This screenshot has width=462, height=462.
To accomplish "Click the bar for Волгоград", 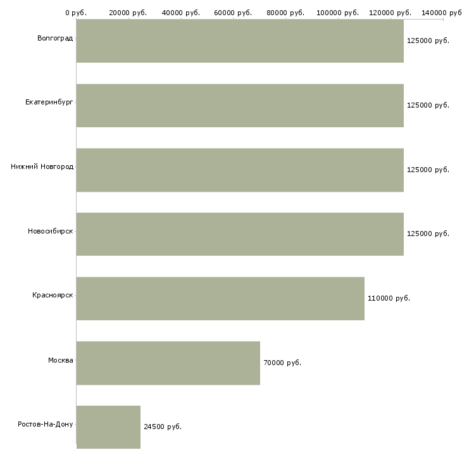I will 240,41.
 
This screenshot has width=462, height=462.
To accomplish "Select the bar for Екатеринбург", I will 240,105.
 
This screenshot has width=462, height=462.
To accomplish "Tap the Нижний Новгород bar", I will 240,170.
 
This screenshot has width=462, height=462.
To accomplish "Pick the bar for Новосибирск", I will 240,234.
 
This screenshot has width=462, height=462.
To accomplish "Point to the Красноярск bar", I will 220,298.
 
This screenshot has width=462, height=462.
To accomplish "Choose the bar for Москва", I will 168,363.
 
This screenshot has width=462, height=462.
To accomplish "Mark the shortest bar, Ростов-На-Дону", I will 108,427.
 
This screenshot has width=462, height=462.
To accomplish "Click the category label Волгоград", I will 55,39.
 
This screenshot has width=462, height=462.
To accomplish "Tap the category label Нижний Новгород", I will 42,166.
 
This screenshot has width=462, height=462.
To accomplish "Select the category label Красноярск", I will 53,295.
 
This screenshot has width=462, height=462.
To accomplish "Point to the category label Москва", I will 61,360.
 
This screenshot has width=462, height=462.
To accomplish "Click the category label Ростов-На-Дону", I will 46,424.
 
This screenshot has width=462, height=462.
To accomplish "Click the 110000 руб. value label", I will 389,298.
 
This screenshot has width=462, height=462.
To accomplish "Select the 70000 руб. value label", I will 282,363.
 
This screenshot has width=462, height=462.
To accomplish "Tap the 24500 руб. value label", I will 163,427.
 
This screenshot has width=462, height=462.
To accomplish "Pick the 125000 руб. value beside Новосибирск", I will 428,234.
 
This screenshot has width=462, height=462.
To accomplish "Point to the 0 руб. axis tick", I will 76,13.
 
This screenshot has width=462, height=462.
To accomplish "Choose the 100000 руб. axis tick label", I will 338,13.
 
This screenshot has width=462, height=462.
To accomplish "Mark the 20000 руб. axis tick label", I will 128,13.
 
